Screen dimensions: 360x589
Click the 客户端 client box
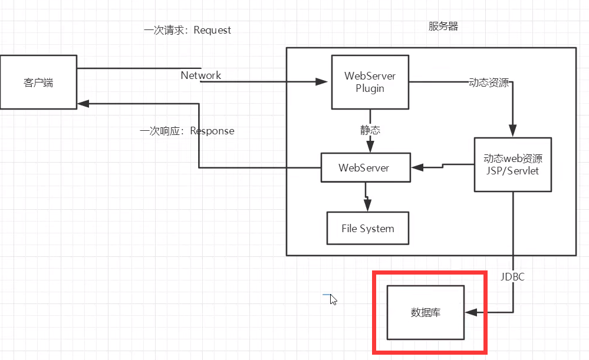[38, 82]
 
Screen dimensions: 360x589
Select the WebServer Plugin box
[370, 82]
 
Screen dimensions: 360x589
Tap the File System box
[367, 228]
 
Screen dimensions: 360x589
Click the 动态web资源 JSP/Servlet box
[512, 164]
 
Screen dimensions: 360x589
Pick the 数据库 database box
[425, 312]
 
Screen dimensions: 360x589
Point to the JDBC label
[512, 276]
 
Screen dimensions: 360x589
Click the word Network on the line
[200, 75]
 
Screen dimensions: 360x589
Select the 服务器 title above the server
[443, 27]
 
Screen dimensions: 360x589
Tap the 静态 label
[370, 130]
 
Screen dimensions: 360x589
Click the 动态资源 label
[488, 82]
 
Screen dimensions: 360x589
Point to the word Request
[212, 30]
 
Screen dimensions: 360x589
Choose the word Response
[212, 131]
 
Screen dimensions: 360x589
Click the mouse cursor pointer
[333, 299]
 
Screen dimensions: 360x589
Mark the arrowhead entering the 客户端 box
[83, 104]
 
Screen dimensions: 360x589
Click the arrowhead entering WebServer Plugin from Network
[323, 82]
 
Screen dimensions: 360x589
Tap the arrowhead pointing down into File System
[367, 205]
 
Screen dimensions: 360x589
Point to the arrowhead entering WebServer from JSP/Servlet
[417, 167]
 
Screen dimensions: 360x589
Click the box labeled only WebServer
[364, 167]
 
